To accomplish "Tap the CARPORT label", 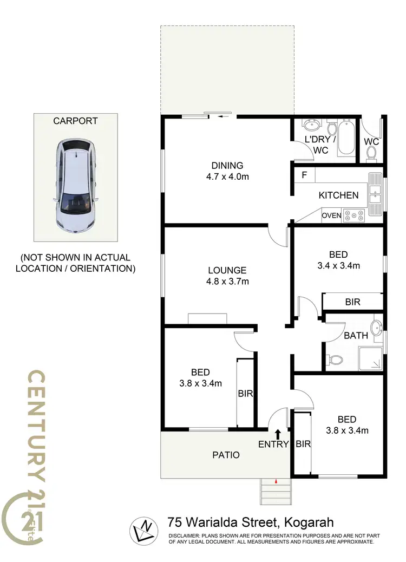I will (x=75, y=121).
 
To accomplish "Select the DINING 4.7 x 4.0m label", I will (x=227, y=171).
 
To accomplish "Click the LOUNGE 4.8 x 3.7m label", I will (x=227, y=276).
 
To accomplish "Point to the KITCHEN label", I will (x=338, y=195).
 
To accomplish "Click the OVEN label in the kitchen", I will (x=331, y=215).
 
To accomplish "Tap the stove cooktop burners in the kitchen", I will (x=355, y=215).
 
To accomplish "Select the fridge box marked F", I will (x=304, y=175).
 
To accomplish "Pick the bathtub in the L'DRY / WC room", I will (x=346, y=139).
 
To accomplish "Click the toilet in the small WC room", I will (x=371, y=154).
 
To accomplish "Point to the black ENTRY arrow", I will (x=278, y=433).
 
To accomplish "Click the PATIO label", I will (x=226, y=455).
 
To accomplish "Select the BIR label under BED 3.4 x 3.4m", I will (x=352, y=302).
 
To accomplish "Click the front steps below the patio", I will (x=276, y=492).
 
